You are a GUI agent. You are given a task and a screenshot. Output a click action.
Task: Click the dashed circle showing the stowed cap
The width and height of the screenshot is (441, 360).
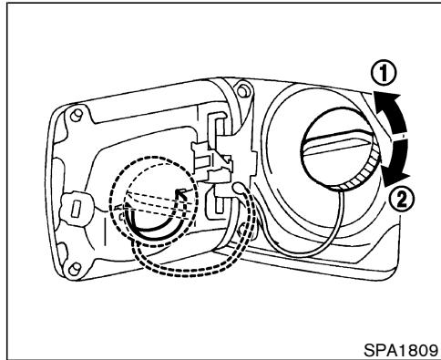pyautogui.click(x=146, y=201)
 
